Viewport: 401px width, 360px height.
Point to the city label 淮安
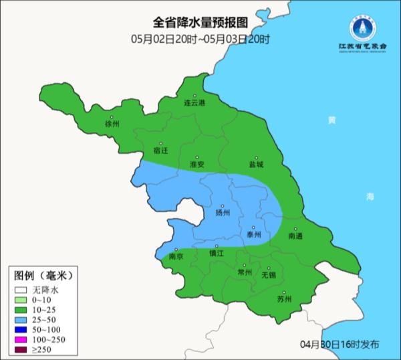coord(196,164)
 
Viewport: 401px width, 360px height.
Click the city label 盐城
coord(255,164)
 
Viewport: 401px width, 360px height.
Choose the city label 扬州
coord(223,213)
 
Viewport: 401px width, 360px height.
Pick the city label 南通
coord(295,236)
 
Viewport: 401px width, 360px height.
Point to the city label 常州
coord(245,272)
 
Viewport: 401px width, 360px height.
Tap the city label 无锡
coord(268,274)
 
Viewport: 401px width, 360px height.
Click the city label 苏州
coord(284,299)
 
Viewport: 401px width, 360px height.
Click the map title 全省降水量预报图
coord(200,25)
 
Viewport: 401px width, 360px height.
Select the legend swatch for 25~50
coord(20,321)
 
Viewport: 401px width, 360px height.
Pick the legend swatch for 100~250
coord(20,340)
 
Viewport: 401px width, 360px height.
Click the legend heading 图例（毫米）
coord(42,276)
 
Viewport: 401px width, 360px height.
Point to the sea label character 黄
coord(332,120)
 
